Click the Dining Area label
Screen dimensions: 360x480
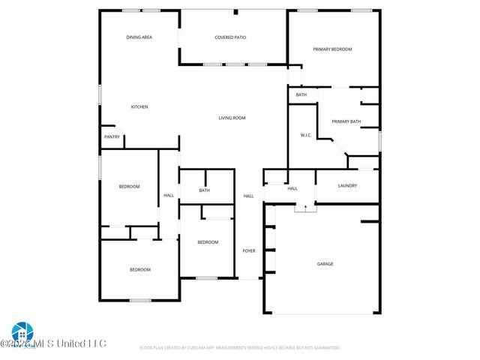139,37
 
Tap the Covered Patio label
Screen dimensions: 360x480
230,37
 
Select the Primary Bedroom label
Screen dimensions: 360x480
332,49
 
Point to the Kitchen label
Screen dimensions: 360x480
139,107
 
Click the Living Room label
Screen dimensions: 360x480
232,118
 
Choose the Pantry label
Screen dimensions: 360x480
112,137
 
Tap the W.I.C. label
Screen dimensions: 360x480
305,136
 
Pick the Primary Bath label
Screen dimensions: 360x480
346,121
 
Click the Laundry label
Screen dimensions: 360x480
347,186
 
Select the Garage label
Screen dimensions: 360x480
325,264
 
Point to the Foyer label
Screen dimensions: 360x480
249,250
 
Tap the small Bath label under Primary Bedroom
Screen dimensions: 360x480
301,95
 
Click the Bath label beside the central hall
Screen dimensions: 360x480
204,190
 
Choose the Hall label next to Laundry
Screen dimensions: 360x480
292,189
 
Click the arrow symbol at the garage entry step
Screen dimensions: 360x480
305,208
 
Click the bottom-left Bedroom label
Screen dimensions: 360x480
139,270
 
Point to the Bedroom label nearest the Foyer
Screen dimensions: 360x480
208,242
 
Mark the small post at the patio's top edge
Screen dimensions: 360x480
235,12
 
